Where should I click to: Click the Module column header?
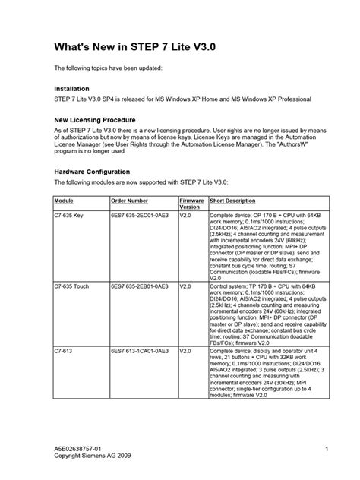tap(64, 201)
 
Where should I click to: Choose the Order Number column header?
tap(129, 201)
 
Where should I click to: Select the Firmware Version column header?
tap(191, 204)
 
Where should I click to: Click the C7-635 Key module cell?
tap(69, 215)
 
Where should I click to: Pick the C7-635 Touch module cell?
tap(72, 287)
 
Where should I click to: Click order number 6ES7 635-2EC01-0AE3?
tap(141, 215)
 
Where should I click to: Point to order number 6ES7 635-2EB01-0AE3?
tap(141, 287)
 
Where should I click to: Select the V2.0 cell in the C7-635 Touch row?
tap(185, 287)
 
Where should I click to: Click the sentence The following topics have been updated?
tap(107, 68)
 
